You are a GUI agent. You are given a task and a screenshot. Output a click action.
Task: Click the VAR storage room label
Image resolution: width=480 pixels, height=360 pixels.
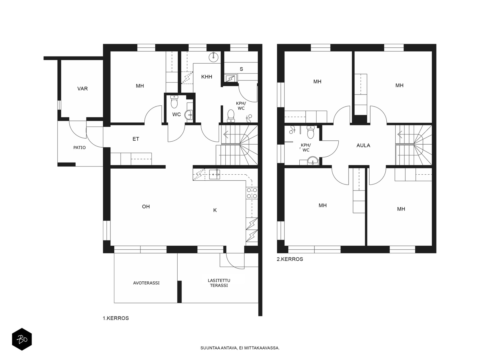click(82, 88)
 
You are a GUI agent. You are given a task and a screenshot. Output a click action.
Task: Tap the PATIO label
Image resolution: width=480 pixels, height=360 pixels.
click(79, 148)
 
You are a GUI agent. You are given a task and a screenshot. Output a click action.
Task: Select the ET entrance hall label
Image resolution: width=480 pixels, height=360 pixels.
click(136, 139)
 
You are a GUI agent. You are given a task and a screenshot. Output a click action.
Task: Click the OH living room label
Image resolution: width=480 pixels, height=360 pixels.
click(146, 207)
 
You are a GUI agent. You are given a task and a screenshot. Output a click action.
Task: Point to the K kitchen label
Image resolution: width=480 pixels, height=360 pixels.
click(215, 210)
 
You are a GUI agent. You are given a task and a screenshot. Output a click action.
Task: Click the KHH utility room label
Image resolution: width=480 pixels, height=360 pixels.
click(207, 77)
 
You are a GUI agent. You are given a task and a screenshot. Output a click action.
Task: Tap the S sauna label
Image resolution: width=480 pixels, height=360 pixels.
click(241, 69)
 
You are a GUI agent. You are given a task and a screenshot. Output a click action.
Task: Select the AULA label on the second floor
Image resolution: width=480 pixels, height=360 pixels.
click(363, 145)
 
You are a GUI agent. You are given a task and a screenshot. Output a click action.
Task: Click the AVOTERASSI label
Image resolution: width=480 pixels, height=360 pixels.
click(146, 283)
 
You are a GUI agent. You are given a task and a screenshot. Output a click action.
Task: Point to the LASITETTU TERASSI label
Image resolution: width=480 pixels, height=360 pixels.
click(219, 283)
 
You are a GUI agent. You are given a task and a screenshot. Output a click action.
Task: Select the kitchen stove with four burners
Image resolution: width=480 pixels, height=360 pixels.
click(252, 193)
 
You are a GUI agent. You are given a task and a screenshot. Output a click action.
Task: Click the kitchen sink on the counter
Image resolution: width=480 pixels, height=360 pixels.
click(214, 174)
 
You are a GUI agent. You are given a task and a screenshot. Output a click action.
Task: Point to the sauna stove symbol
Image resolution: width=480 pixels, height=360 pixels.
click(230, 78)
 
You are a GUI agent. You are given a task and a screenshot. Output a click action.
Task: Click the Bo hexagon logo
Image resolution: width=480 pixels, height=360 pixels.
click(22, 339)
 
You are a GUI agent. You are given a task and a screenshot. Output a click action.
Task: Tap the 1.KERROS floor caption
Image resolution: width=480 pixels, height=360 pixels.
click(116, 318)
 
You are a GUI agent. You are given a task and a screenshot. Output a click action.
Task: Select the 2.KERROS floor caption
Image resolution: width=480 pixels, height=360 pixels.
click(290, 259)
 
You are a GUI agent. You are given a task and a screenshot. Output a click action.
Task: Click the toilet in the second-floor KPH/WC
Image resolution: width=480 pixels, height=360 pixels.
click(310, 132)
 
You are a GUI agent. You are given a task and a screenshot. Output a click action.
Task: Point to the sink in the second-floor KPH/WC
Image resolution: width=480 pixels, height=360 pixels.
click(313, 160)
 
